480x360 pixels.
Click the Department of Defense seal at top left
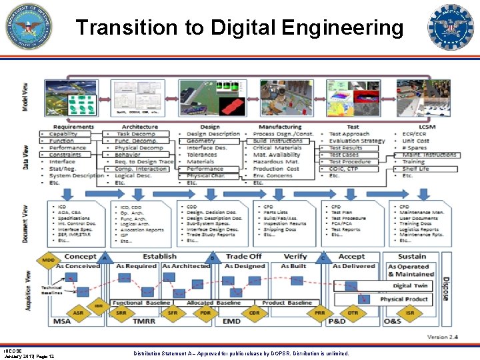tap(28, 27)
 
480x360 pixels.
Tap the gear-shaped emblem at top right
tap(451, 27)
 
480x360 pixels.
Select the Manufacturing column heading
tap(280, 127)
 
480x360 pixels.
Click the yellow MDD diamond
tap(49, 259)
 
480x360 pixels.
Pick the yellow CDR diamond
tap(254, 312)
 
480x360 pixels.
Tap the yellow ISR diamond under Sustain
tap(410, 312)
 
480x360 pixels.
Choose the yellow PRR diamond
tap(320, 312)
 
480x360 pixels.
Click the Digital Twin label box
tap(410, 286)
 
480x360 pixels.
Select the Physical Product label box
tap(404, 299)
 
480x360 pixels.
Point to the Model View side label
tap(25, 97)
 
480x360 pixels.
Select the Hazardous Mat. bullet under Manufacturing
tap(275, 162)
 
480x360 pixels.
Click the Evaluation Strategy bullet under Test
tap(357, 141)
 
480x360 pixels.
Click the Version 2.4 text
tap(443, 338)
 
